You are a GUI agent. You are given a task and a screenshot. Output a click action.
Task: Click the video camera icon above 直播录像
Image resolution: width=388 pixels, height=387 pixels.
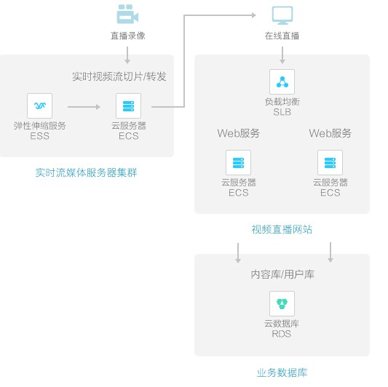pyautogui.click(x=127, y=14)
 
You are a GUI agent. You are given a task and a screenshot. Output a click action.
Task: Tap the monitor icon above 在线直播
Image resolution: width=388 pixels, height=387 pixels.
pyautogui.click(x=282, y=15)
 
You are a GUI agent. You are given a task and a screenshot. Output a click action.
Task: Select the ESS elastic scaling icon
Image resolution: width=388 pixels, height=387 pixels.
pyautogui.click(x=39, y=105)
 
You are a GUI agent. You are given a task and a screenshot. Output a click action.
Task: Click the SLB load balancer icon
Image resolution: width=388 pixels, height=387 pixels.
pyautogui.click(x=282, y=82)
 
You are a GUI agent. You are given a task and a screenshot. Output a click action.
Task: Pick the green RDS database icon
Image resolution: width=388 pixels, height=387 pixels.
pyautogui.click(x=282, y=303)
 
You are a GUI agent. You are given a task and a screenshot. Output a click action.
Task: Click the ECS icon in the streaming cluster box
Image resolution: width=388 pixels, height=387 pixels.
pyautogui.click(x=128, y=105)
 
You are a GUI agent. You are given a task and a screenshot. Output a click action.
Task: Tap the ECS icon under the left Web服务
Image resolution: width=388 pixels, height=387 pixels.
pyautogui.click(x=238, y=163)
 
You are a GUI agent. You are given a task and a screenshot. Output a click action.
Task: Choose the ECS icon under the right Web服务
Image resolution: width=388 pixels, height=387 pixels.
pyautogui.click(x=330, y=163)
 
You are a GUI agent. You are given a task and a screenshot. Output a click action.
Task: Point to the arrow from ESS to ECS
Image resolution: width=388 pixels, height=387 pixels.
pyautogui.click(x=84, y=107)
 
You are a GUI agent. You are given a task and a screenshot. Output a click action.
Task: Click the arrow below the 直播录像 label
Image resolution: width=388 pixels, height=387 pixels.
pyautogui.click(x=127, y=55)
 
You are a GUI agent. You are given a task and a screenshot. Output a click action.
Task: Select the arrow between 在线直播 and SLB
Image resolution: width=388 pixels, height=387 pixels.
pyautogui.click(x=282, y=55)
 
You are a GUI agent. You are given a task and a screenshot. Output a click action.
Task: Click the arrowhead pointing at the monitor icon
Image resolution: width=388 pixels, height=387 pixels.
pyautogui.click(x=254, y=15)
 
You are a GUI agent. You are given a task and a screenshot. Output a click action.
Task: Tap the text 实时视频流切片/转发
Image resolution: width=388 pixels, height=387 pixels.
pyautogui.click(x=119, y=76)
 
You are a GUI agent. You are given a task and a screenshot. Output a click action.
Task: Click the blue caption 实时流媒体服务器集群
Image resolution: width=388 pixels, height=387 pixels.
pyautogui.click(x=86, y=172)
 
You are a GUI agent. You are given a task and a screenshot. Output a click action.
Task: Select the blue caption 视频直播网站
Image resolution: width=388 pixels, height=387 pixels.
pyautogui.click(x=282, y=229)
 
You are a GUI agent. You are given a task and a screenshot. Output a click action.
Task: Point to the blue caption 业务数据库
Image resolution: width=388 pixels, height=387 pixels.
pyautogui.click(x=282, y=372)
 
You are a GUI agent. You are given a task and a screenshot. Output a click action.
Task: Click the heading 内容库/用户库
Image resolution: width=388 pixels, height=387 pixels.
pyautogui.click(x=282, y=274)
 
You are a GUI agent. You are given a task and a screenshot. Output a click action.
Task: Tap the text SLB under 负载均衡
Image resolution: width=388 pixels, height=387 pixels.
pyautogui.click(x=282, y=112)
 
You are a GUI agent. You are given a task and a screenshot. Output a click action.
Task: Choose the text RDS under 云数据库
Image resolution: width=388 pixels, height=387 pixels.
pyautogui.click(x=281, y=334)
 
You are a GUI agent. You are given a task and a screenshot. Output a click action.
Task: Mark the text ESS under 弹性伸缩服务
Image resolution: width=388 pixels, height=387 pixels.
pyautogui.click(x=39, y=136)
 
